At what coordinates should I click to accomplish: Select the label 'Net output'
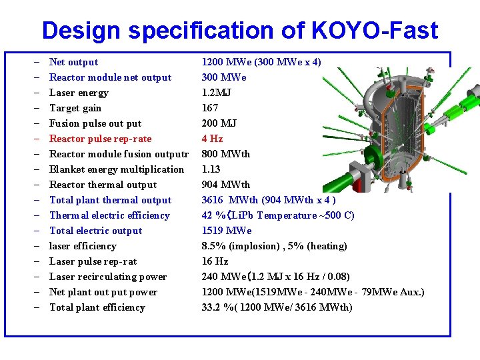pos(73,62)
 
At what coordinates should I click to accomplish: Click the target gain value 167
pos(210,108)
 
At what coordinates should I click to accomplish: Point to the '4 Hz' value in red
pos(212,139)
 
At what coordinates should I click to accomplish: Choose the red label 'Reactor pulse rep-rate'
pos(100,139)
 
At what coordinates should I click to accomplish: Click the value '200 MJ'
pos(219,123)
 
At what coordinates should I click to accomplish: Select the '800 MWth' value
pos(225,154)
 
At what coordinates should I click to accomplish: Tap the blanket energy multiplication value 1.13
pos(212,169)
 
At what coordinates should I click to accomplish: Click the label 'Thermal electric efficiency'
pos(109,215)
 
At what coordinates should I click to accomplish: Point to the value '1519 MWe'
pos(227,231)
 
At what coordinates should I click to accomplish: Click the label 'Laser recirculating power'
pos(108,277)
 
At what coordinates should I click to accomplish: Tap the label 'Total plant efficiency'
pos(97,307)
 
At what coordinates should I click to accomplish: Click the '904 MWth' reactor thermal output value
pos(225,185)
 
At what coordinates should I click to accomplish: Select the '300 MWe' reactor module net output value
pos(223,77)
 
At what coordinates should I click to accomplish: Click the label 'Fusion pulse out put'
pos(95,123)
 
